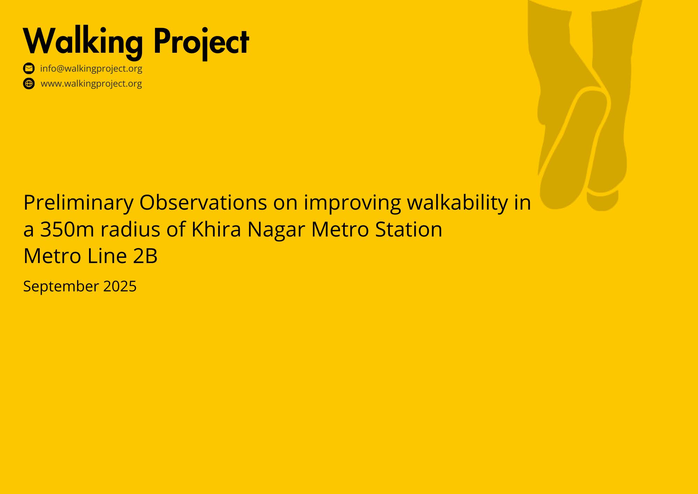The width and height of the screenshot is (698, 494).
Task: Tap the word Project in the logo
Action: [201, 42]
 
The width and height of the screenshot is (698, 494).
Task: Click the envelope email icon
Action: [29, 68]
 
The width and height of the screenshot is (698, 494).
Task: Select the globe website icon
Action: [29, 84]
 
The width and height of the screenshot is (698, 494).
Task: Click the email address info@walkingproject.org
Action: [91, 68]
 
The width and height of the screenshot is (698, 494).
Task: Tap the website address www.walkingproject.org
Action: [91, 84]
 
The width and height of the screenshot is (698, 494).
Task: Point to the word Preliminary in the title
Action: [79, 203]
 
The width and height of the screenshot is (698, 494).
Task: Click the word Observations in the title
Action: [203, 202]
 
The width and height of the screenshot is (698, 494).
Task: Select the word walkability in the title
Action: [458, 203]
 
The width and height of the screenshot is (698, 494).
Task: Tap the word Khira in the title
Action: [216, 229]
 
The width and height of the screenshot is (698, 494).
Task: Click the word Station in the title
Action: [409, 230]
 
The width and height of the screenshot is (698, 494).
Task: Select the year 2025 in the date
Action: [120, 286]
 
